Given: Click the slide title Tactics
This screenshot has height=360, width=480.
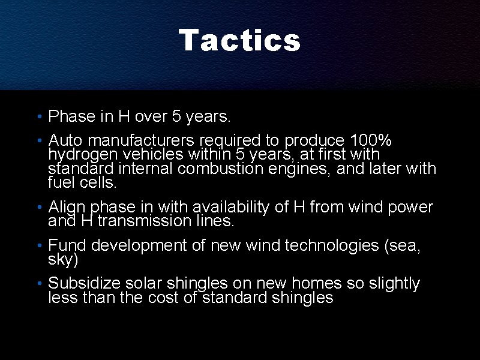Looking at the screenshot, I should click(x=239, y=41).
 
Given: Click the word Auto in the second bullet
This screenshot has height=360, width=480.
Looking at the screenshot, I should click(x=65, y=140).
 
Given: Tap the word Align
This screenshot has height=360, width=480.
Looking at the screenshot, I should click(x=67, y=208).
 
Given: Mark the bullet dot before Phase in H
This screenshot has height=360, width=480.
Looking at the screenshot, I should click(x=38, y=116).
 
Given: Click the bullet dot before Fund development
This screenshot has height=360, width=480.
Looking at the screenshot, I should click(x=38, y=246).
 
